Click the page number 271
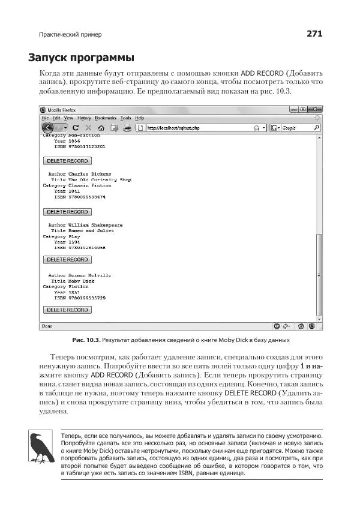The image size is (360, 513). [x=314, y=34]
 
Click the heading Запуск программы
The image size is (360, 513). [x=80, y=58]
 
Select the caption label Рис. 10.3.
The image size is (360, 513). [x=86, y=340]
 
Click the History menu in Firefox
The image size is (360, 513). [x=84, y=118]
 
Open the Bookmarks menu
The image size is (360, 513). [x=106, y=118]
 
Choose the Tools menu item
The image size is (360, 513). [x=125, y=118]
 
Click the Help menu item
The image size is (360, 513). [x=139, y=118]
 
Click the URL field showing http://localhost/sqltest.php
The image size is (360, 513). [x=198, y=128]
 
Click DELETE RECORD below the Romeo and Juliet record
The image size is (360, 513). [x=68, y=260]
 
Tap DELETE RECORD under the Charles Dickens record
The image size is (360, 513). [x=68, y=212]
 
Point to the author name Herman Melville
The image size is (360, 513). [x=90, y=275]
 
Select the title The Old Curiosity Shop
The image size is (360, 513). [x=100, y=180]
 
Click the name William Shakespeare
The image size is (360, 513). [x=95, y=225]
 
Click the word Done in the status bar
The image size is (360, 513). [x=47, y=326]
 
